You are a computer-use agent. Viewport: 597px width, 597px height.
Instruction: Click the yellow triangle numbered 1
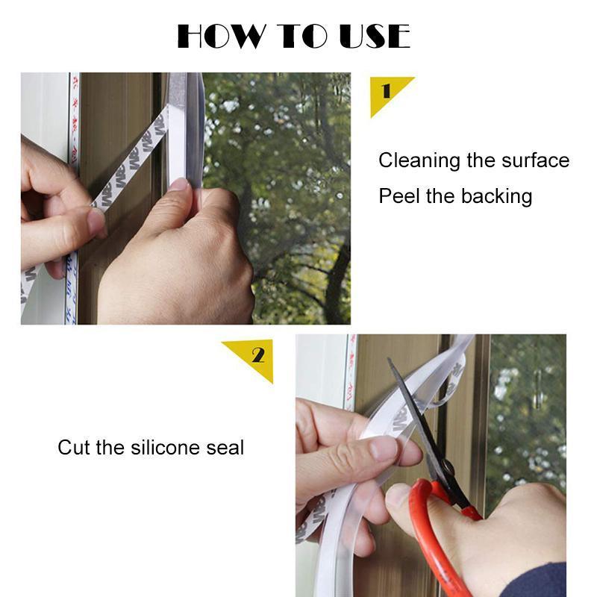tap(387, 93)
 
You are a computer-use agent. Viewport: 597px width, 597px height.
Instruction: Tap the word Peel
tap(399, 196)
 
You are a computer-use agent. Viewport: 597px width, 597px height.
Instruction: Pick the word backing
tap(496, 197)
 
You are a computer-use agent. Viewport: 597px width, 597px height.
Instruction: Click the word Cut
tap(74, 448)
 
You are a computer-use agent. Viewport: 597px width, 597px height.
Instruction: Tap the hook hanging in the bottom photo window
tap(537, 396)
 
